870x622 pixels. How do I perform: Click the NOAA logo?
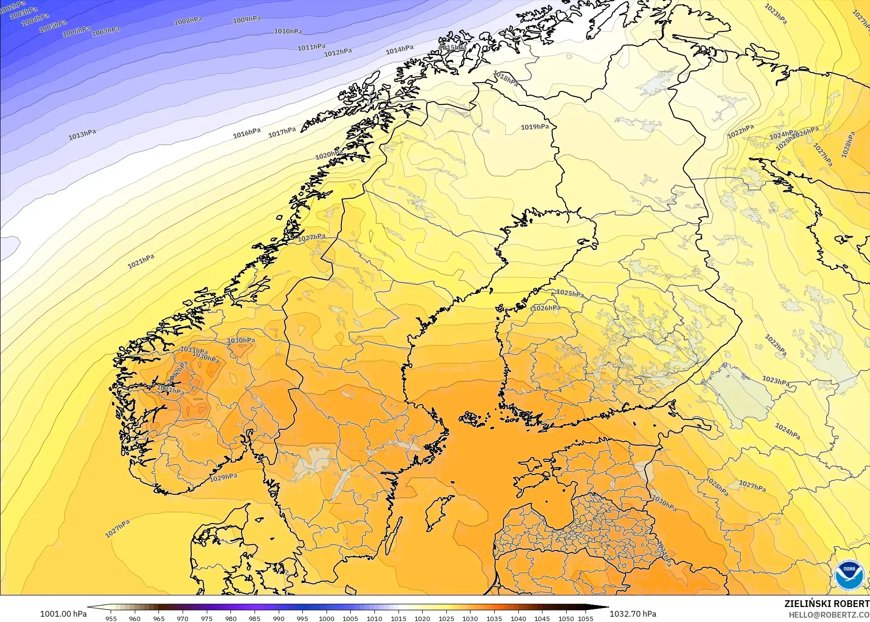click(848, 575)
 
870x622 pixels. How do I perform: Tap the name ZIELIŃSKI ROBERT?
click(827, 604)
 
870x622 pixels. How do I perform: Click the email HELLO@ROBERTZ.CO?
click(829, 615)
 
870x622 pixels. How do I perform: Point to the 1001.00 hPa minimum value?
click(63, 614)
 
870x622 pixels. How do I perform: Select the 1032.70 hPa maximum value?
click(632, 614)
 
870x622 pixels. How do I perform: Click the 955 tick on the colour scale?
click(111, 618)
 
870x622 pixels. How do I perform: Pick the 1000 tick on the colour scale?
click(327, 618)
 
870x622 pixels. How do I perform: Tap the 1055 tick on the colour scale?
click(585, 618)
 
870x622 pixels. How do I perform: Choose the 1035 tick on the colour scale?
click(494, 618)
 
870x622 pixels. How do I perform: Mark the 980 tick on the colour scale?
click(231, 618)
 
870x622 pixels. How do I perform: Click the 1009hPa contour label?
click(247, 19)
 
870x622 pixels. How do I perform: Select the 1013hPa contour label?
click(82, 134)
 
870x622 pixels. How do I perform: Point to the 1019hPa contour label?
click(535, 127)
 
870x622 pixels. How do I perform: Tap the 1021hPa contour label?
click(141, 261)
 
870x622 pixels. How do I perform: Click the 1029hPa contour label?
click(224, 477)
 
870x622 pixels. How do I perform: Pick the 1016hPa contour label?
click(247, 133)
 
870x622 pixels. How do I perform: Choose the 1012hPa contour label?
click(338, 52)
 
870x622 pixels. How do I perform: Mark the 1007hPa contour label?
click(106, 31)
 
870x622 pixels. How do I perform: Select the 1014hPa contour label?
click(399, 49)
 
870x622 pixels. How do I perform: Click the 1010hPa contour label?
click(288, 31)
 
